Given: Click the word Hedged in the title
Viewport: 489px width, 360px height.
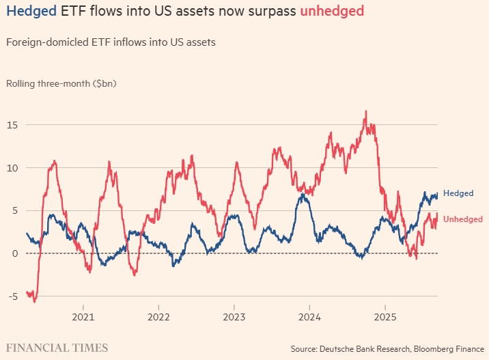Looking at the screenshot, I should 31,12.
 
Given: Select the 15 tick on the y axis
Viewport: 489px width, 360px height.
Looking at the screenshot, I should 12,125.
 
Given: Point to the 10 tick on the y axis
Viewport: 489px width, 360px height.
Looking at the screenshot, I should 12,168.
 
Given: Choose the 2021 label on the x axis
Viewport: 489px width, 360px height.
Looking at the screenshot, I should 83,317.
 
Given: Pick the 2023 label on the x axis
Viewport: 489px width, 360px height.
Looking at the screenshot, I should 234,317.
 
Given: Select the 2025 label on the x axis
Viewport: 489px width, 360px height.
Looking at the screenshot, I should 385,317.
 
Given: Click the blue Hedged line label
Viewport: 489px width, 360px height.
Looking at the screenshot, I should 458,193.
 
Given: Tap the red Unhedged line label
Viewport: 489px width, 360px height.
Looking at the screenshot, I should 462,219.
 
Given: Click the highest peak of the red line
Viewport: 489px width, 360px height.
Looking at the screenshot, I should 366,111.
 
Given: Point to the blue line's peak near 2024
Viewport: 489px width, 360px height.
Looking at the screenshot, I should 302,195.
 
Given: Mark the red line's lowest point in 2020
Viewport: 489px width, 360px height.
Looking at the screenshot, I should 34,301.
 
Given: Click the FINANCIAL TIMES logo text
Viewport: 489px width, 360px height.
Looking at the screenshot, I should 57,348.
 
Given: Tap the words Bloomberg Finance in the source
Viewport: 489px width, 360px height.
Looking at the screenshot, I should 449,349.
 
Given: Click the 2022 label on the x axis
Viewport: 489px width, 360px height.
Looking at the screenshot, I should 158,317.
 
